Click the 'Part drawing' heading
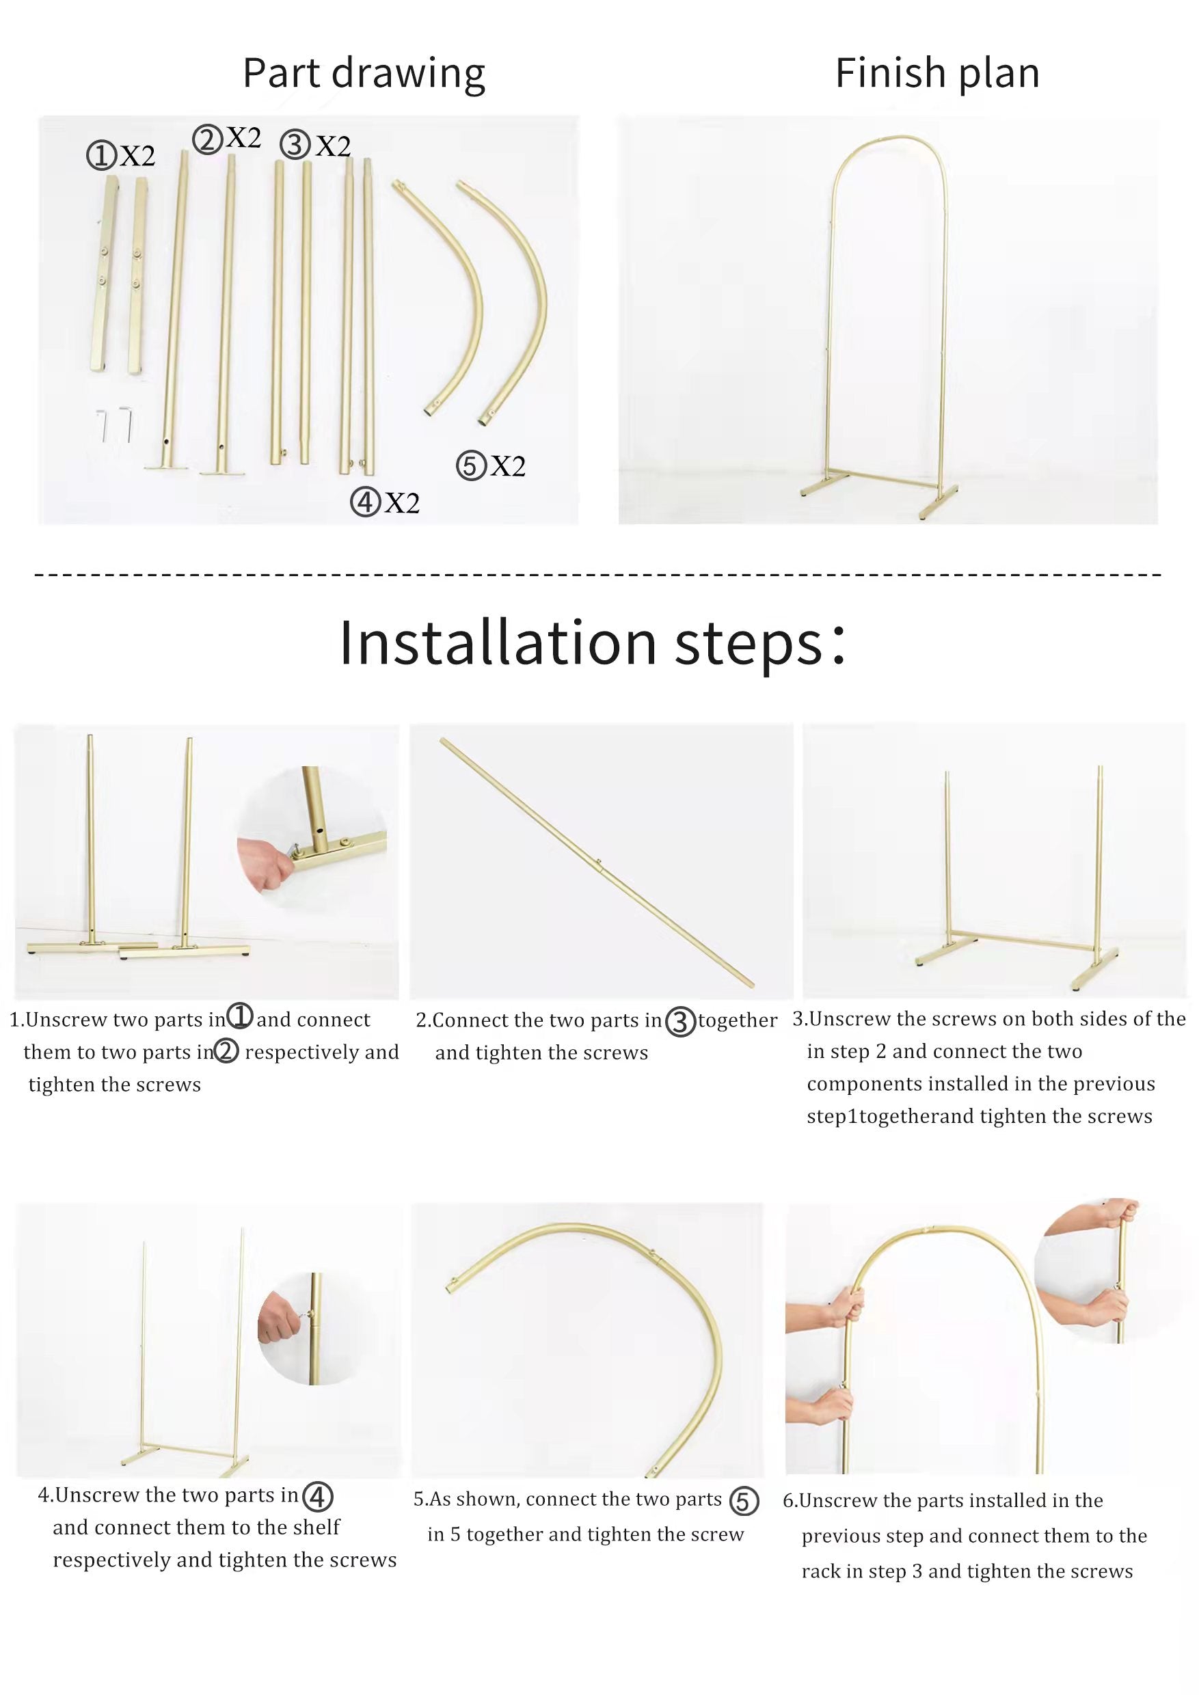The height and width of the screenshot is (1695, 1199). click(364, 74)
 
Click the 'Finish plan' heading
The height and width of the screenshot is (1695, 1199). click(937, 73)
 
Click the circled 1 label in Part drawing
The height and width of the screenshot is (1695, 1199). click(101, 157)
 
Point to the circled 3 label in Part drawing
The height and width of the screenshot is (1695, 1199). click(295, 145)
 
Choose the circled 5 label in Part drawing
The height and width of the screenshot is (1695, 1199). click(470, 467)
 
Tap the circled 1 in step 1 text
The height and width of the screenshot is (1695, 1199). click(239, 1016)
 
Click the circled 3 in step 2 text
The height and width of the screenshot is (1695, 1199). click(680, 1022)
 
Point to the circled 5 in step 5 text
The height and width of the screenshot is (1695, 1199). click(744, 1502)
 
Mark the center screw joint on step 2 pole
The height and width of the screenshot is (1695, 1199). click(599, 860)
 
